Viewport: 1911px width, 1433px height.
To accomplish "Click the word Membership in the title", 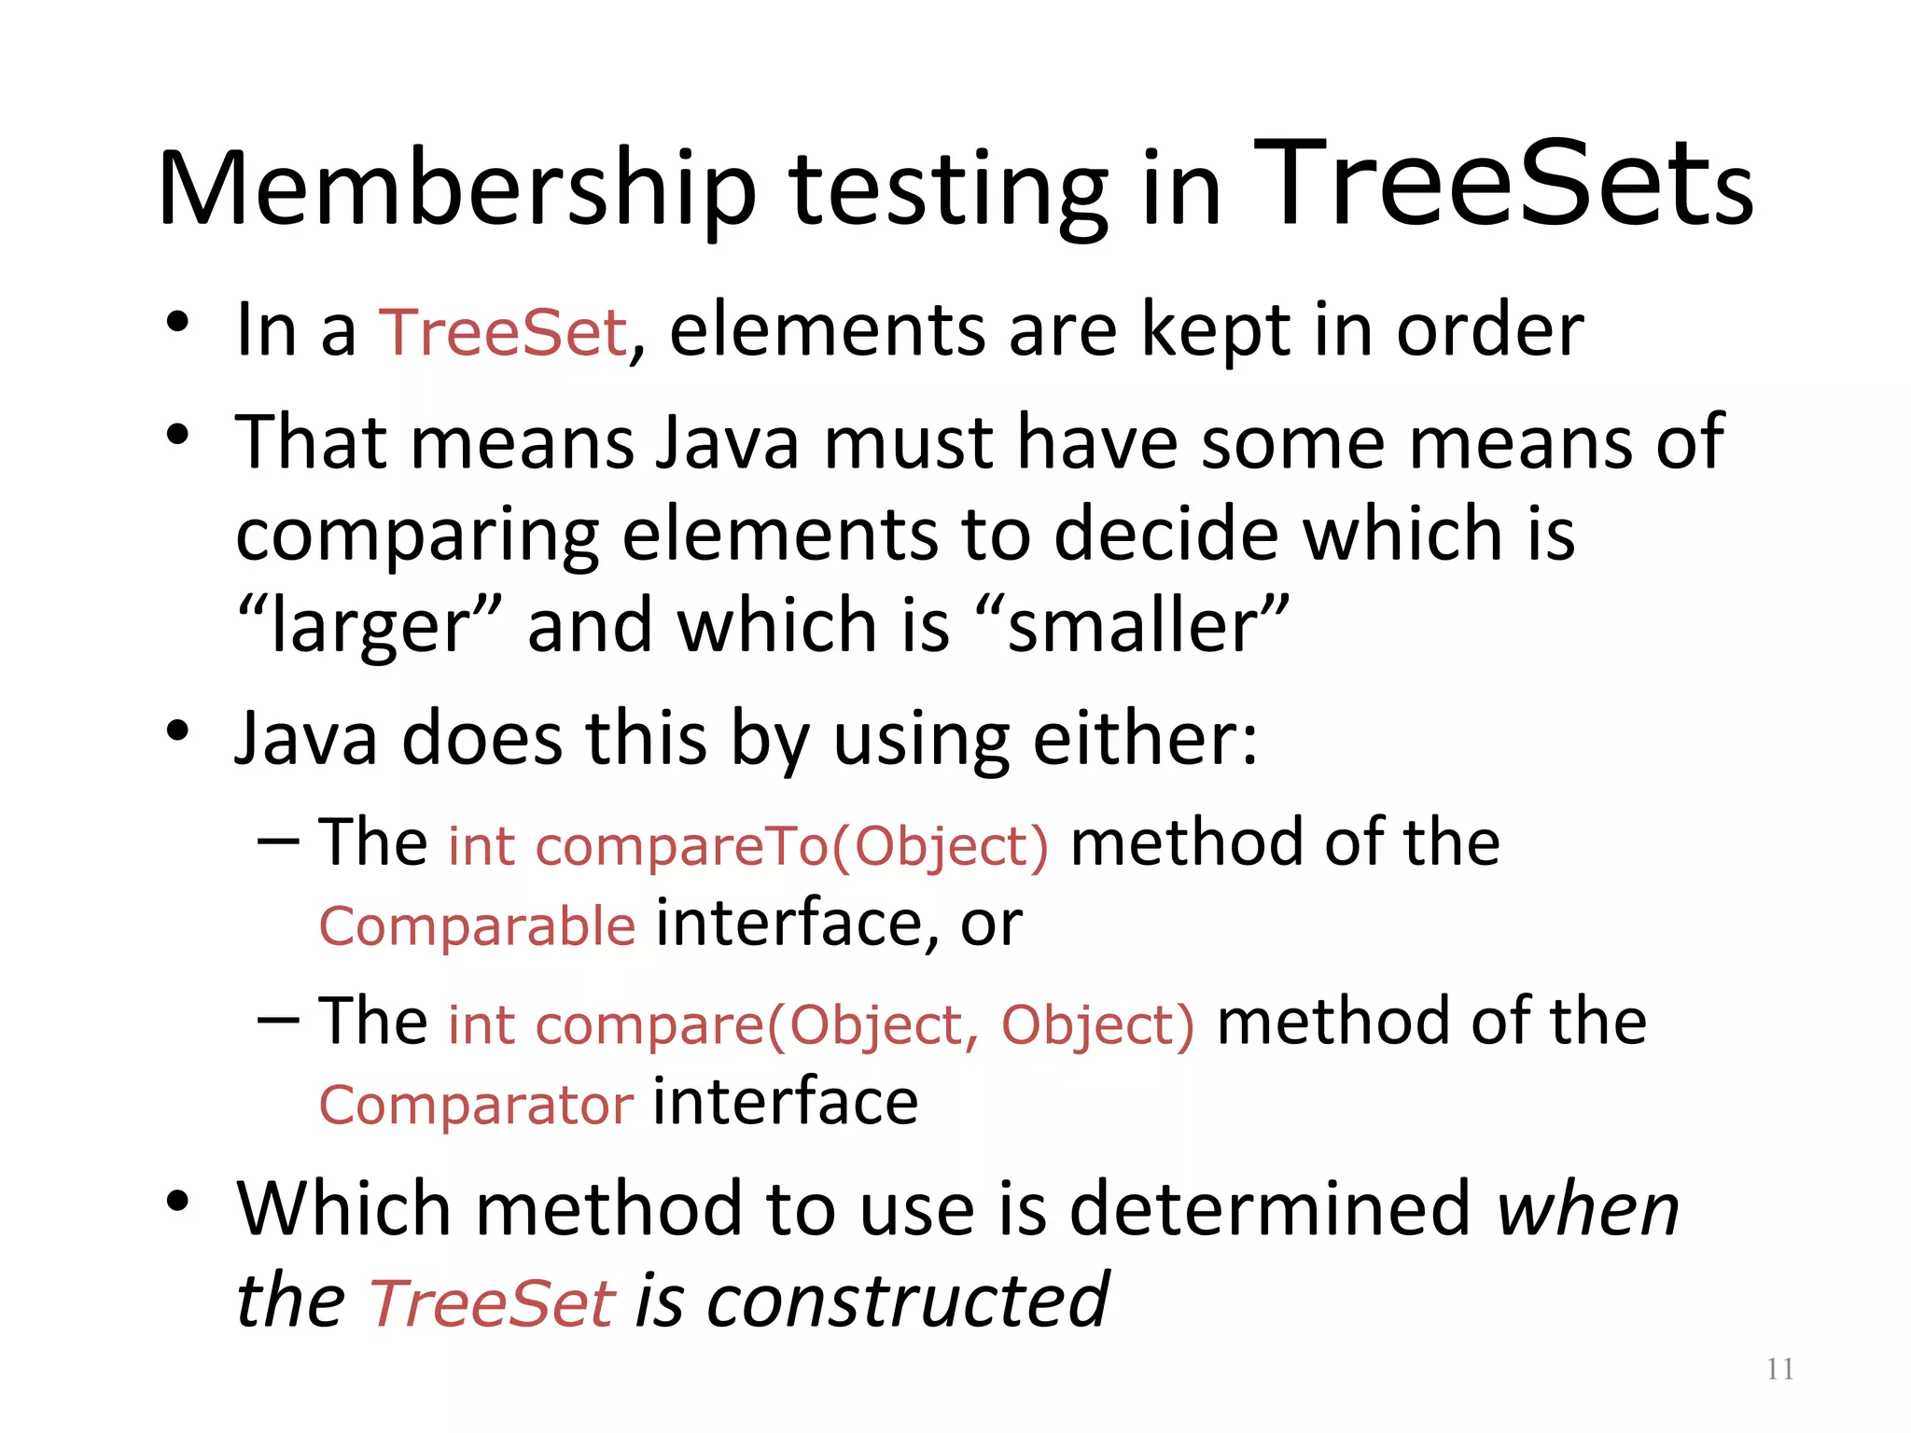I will (x=457, y=189).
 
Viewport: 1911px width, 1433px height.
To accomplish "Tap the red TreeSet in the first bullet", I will (x=503, y=332).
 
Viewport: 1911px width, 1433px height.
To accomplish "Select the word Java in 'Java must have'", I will (x=727, y=442).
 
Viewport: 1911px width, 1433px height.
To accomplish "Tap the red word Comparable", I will (x=478, y=926).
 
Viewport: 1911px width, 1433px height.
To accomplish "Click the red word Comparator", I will (x=477, y=1106).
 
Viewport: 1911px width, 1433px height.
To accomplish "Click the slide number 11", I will (x=1779, y=1369).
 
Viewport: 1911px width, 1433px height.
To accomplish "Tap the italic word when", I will (x=1587, y=1210).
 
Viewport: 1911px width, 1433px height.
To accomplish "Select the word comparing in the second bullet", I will (x=416, y=536).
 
